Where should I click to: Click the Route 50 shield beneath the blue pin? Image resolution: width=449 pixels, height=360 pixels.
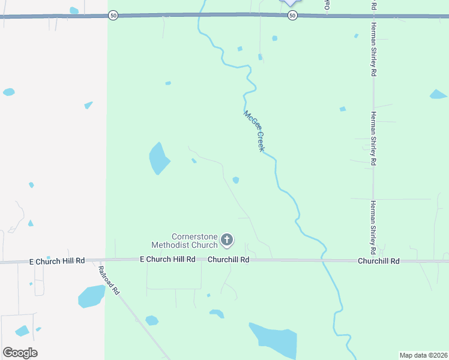point(292,16)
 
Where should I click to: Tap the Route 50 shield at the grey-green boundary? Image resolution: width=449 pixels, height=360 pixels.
point(113,16)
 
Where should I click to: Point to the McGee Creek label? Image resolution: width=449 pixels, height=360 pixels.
point(254,130)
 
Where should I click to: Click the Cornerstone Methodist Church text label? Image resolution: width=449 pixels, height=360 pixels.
point(184,241)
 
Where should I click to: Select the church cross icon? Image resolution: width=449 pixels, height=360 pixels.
point(227,241)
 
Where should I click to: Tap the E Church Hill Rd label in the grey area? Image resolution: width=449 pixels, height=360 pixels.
point(57,262)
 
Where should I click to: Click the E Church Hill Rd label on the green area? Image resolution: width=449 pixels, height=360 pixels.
point(167,260)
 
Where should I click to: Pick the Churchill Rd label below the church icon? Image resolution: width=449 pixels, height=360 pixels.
point(228,260)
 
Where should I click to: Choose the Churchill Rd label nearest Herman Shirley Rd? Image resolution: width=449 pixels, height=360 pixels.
point(378,262)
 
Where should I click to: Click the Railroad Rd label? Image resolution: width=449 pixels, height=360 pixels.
point(109,280)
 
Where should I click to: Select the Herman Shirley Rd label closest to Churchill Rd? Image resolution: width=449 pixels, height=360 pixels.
point(373,226)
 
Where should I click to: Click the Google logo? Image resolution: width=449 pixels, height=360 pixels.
point(20,353)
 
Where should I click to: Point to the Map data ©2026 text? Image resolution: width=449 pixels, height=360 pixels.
point(423,355)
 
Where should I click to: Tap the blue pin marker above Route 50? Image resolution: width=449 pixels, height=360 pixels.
point(291,2)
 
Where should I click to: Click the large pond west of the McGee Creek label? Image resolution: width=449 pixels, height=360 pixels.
point(158,158)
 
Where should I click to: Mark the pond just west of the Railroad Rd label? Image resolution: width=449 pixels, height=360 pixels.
point(91,296)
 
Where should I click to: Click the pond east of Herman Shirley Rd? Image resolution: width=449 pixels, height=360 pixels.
point(438,95)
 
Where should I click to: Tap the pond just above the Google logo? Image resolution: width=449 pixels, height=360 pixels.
point(22,331)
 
